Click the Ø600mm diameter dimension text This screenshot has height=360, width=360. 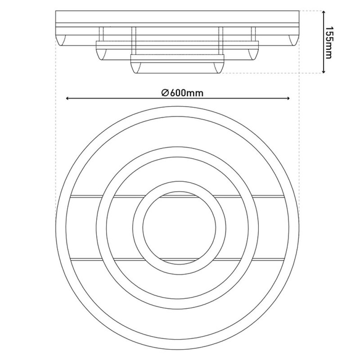(x=182, y=93)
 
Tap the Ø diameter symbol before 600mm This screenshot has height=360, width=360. (x=165, y=93)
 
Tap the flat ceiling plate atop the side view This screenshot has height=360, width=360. (x=178, y=17)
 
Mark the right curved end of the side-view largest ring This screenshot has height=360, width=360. (x=294, y=40)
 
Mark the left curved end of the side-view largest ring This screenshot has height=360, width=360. (x=61, y=40)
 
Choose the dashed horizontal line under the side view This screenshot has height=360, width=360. (x=260, y=73)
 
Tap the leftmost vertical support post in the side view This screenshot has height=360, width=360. (x=101, y=34)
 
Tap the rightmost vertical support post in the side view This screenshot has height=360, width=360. (x=253, y=34)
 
